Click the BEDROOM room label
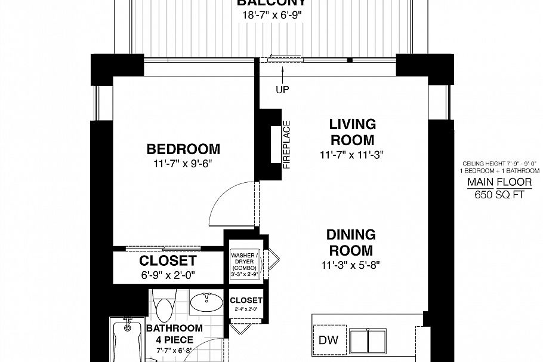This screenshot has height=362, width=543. pos(183,149)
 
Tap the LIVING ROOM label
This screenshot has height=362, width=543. pos(352,132)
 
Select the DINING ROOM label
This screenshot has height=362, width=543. pos(351,242)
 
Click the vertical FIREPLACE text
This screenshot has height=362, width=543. pos(286,145)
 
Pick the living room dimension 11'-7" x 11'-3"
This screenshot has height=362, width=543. pos(351,155)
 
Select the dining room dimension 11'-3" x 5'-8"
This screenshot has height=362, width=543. pos(351,263)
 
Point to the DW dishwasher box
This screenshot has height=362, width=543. pos(328,341)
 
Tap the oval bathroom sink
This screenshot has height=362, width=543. pos(207,302)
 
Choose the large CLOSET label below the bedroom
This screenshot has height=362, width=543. pos(168,261)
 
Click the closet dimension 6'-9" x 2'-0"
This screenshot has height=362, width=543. pos(168,275)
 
